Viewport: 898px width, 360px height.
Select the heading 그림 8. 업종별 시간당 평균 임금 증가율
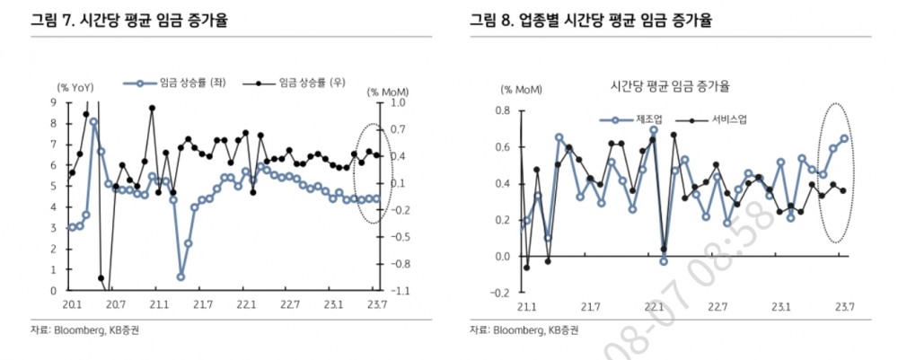tap(597, 20)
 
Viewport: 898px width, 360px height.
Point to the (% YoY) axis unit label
tap(76, 87)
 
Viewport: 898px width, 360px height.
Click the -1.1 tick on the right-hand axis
tap(396, 291)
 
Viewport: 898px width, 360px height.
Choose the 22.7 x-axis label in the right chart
tap(718, 307)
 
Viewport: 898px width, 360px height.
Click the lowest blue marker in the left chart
tap(180, 277)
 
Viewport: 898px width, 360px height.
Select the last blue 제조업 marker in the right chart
tap(844, 138)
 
